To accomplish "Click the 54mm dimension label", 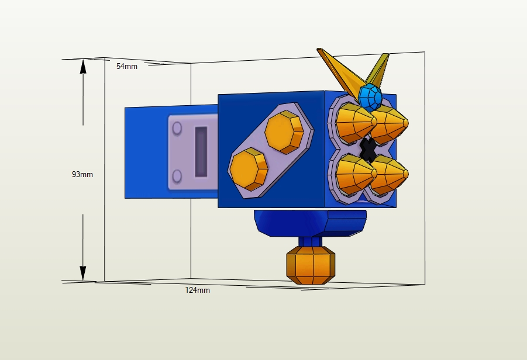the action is pyautogui.click(x=127, y=67).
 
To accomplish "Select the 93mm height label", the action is pyautogui.click(x=82, y=174).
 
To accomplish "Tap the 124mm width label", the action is pyautogui.click(x=197, y=290).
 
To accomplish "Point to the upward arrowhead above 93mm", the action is pyautogui.click(x=83, y=67).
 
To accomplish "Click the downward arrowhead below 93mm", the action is pyautogui.click(x=83, y=273).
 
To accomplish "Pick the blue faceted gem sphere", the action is pyautogui.click(x=370, y=97).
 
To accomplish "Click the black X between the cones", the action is pyautogui.click(x=368, y=150).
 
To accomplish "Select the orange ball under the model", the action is pyautogui.click(x=311, y=265).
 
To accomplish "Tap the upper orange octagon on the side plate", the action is pyautogui.click(x=284, y=132).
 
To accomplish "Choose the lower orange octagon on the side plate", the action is pyautogui.click(x=248, y=168).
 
